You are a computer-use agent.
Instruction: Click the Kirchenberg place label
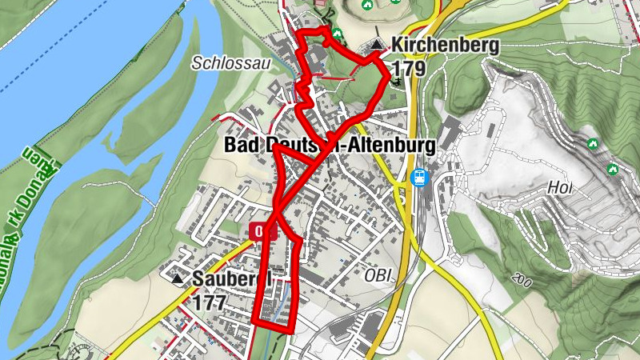click(446, 46)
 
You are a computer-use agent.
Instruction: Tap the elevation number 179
click(409, 70)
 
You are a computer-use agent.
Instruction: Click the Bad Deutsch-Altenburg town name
click(330, 146)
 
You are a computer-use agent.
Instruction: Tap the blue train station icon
click(418, 178)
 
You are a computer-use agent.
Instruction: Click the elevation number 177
click(210, 302)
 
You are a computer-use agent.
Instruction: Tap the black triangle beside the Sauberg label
click(178, 279)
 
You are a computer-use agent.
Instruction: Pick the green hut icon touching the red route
click(337, 34)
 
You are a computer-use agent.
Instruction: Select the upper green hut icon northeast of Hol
click(593, 144)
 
